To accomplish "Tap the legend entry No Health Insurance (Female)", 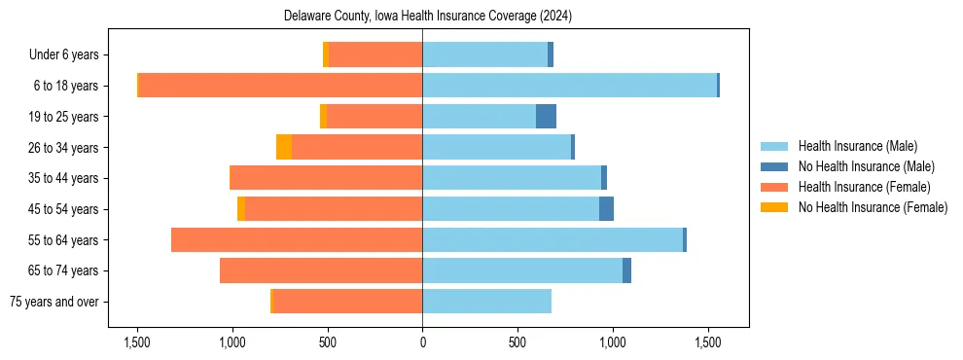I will pos(873,206).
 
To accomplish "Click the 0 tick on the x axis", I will pos(422,342).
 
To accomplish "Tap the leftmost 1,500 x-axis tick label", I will pos(137,342).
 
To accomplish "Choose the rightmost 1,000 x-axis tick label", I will pos(612,342).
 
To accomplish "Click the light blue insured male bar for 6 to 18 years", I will pos(569,86).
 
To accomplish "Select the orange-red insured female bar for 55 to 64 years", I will pos(297,239).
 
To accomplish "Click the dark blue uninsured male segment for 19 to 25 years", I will pos(546,117).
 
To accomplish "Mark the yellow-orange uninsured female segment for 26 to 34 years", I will pos(284,147).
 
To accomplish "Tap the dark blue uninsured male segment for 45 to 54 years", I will pos(606,209).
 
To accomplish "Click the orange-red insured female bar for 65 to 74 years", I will pos(321,270).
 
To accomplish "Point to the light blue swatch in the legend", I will pos(774,147).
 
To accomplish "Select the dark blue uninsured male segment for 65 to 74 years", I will pos(626,270).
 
